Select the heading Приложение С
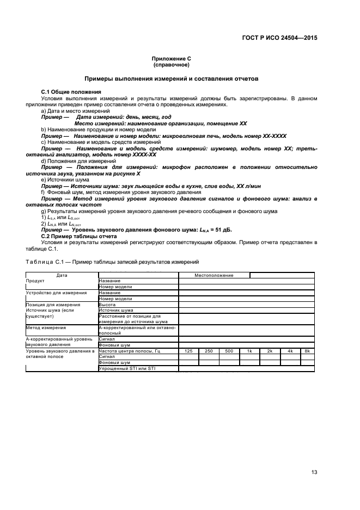point(171,58)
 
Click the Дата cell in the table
point(62,275)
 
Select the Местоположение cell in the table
point(214,275)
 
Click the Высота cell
point(107,305)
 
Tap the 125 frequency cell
point(189,351)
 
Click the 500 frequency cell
point(229,351)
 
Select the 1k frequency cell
point(249,351)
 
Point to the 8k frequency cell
point(307,351)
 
